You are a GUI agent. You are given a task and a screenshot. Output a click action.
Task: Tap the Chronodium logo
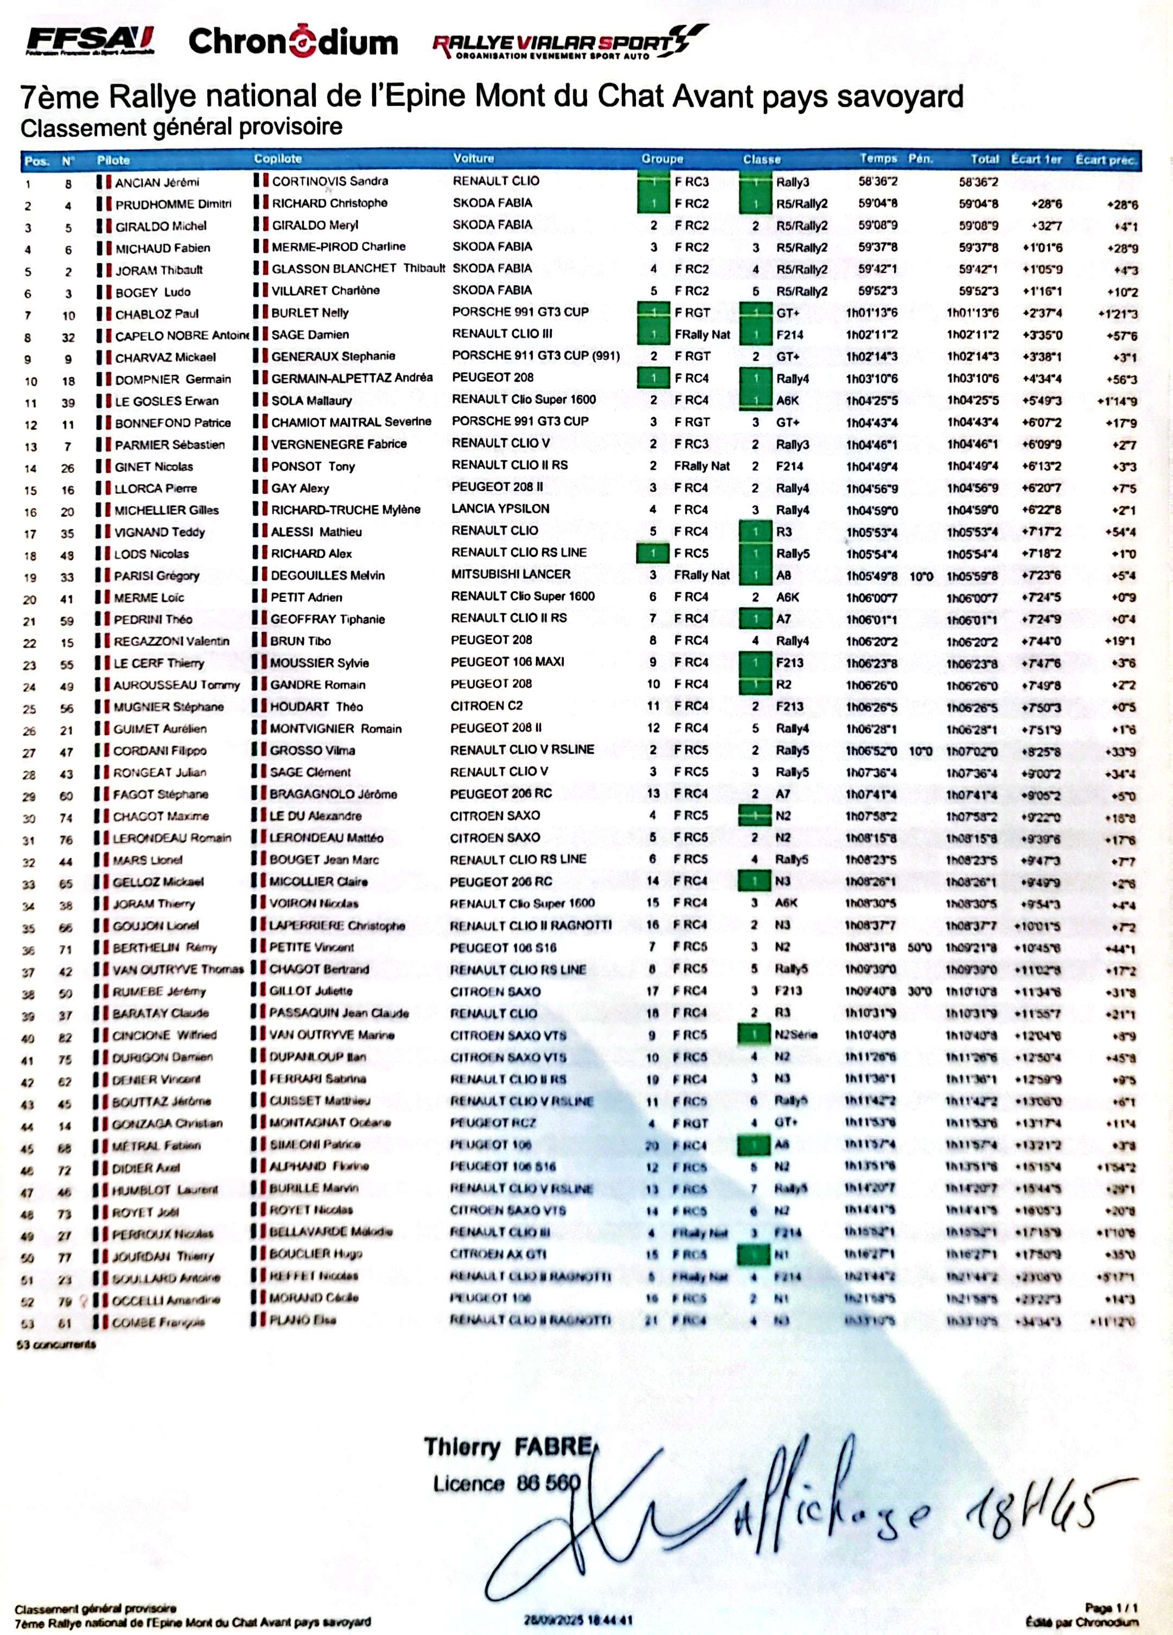[x=293, y=42]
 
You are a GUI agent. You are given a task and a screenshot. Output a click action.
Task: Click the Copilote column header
[x=278, y=158]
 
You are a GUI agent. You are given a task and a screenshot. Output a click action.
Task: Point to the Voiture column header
[x=474, y=158]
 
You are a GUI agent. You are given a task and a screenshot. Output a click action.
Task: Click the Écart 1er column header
[x=1036, y=160]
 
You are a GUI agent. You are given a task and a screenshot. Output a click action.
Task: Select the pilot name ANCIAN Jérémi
[x=157, y=182]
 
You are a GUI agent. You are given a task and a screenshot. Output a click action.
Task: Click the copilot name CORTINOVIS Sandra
[x=329, y=181]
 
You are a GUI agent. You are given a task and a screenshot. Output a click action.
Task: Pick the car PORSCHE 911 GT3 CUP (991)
[x=535, y=355]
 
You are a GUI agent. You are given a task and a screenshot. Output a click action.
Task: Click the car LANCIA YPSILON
[x=500, y=508]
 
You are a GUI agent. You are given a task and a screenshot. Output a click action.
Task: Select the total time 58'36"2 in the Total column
[x=978, y=182]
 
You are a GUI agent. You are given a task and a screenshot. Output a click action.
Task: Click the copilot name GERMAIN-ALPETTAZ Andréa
[x=352, y=377]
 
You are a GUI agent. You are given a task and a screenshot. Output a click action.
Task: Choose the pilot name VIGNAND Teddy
[x=160, y=532]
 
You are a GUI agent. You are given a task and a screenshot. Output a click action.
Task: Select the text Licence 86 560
[x=506, y=1484]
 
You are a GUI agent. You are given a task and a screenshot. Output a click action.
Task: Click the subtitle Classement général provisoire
[x=181, y=127]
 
